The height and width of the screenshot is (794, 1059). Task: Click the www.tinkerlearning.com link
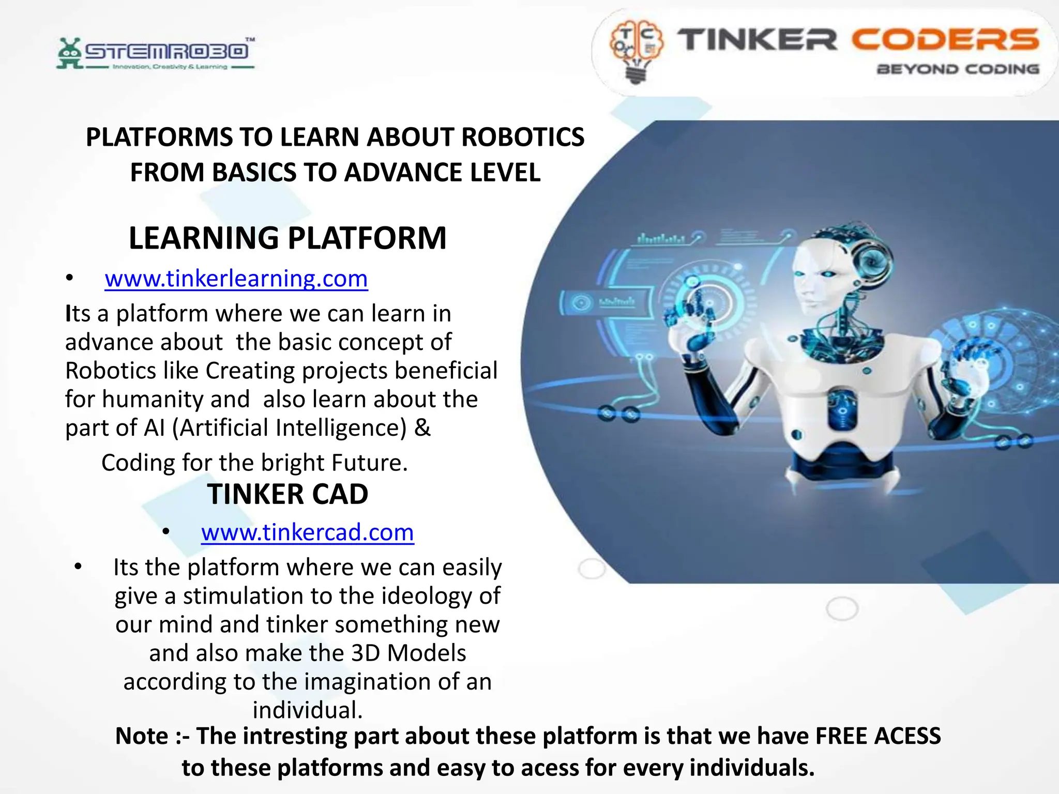point(236,279)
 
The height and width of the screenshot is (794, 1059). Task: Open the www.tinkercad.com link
point(307,533)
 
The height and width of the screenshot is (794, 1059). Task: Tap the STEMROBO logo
point(155,53)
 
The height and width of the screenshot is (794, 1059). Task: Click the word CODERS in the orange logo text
point(945,40)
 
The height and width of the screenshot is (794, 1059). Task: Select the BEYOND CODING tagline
point(958,69)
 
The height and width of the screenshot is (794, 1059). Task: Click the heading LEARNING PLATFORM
point(288,238)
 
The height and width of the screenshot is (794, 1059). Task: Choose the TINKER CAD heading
point(288,495)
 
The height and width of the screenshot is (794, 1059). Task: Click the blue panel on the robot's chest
point(842,408)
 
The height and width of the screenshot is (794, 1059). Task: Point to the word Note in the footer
point(142,736)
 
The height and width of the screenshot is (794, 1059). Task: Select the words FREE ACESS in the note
point(878,736)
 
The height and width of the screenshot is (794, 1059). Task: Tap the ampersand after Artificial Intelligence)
point(422,428)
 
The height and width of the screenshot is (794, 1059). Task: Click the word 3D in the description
point(366,653)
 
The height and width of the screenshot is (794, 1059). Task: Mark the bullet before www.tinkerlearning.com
point(69,279)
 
